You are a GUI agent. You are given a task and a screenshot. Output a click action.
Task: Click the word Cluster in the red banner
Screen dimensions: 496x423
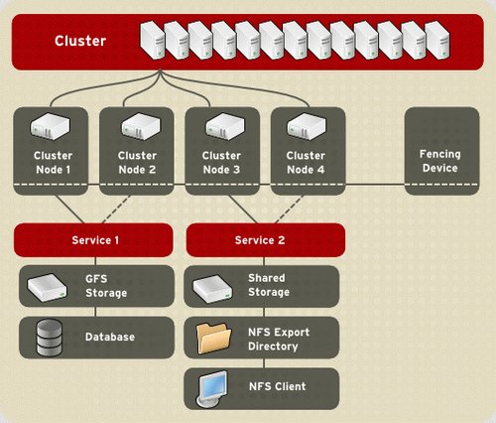coord(80,41)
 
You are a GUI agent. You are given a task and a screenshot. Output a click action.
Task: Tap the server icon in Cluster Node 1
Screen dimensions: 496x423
coord(51,126)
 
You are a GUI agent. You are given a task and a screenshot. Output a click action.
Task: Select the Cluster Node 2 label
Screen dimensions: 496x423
coord(137,163)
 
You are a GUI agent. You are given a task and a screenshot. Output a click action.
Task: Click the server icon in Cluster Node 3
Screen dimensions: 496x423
coord(225,126)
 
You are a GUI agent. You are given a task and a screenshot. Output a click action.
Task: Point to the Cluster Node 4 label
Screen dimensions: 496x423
coord(306,163)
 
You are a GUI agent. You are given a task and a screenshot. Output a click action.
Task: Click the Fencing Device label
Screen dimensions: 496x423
coord(440,161)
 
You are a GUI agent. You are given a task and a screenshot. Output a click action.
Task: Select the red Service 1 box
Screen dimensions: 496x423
coord(93,240)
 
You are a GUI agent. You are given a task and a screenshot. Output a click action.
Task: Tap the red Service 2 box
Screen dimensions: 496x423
coord(266,240)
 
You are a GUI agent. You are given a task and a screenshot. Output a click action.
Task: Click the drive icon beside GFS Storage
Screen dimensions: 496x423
coord(47,287)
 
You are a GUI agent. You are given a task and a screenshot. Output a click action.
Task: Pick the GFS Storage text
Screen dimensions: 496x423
coord(106,286)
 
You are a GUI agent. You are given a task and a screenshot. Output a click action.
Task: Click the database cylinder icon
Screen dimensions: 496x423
coord(49,338)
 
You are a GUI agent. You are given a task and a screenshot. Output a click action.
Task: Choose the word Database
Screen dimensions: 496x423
coord(110,337)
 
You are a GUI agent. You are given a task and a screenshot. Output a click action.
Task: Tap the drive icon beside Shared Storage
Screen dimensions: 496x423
coord(212,289)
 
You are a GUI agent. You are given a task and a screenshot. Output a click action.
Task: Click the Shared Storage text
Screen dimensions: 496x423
coord(269,285)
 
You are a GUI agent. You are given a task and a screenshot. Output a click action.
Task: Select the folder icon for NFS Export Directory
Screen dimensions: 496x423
coord(213,339)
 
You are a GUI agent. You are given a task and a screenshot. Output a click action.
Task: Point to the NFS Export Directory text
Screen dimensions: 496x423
coord(279,339)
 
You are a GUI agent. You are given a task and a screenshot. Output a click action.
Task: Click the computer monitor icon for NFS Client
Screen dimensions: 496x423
coord(212,388)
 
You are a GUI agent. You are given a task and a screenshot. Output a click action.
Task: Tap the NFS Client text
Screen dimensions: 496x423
coord(278,386)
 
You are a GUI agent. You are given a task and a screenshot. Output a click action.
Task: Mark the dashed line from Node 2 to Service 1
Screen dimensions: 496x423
coord(116,210)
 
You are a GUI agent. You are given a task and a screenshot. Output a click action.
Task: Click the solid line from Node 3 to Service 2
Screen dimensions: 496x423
coord(243,210)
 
